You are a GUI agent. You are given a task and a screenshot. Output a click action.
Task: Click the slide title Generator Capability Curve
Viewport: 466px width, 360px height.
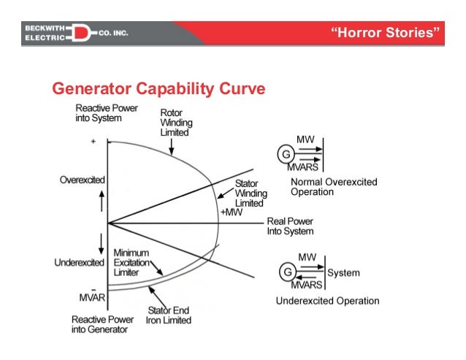tap(157, 91)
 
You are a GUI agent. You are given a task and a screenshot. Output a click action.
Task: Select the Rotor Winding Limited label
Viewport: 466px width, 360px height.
tap(175, 123)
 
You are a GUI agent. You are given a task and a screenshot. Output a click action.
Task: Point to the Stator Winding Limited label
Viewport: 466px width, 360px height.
tap(251, 193)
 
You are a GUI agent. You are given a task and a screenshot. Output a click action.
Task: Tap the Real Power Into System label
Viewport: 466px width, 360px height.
tap(289, 226)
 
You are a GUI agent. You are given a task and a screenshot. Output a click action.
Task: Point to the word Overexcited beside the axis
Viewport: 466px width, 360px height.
tap(82, 180)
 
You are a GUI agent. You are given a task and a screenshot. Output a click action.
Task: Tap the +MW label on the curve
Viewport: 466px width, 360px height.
tap(231, 212)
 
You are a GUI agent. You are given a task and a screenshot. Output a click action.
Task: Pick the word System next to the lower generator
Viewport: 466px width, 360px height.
tap(343, 273)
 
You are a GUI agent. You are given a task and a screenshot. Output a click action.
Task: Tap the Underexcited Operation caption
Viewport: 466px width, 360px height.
tap(327, 301)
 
